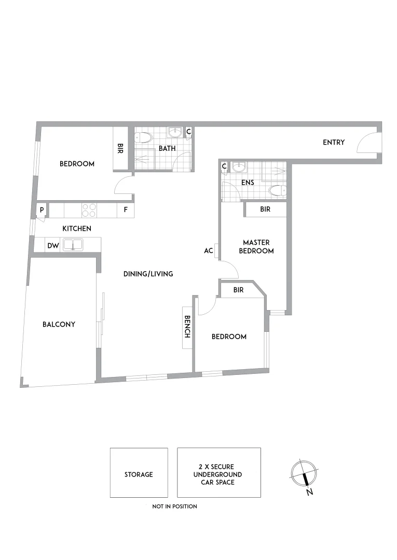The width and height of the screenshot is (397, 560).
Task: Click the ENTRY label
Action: coord(333,142)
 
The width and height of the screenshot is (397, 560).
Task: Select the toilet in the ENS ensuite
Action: coord(277,190)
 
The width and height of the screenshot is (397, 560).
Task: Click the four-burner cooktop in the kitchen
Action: coord(89,210)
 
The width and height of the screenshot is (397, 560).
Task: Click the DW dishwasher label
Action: coord(53,246)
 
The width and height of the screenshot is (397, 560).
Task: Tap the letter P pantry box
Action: coord(41,211)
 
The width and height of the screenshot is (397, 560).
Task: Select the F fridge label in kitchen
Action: coord(125,211)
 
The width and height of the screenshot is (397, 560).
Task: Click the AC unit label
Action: coord(209,250)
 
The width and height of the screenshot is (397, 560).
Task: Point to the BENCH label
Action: coord(187,327)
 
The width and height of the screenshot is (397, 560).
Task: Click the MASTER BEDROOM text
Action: coord(258,246)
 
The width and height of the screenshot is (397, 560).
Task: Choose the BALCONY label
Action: coord(59,325)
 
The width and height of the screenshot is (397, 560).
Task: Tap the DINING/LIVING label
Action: coord(148,274)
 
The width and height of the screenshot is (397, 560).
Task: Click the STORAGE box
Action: coord(139,474)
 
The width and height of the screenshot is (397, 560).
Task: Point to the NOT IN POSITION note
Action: coord(174,506)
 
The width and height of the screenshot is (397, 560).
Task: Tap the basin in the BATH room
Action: coord(177,132)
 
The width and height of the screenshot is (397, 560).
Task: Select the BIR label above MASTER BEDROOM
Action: coord(265,209)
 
